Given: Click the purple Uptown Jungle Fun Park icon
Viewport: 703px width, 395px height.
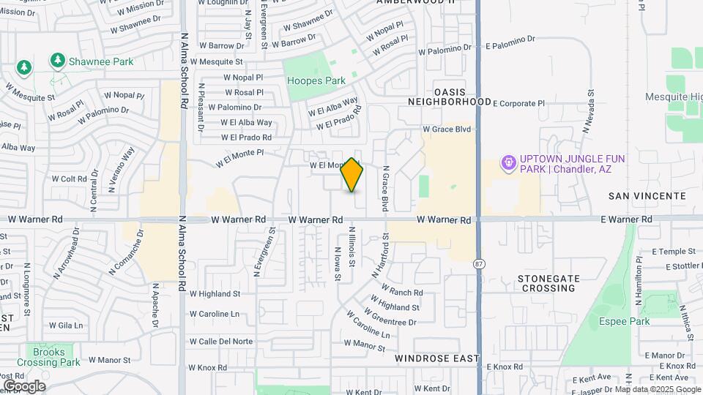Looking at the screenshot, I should (x=508, y=163).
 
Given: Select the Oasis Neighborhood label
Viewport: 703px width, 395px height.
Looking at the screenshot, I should (x=450, y=97).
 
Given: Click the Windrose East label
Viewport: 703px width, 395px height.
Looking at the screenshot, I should (x=436, y=359).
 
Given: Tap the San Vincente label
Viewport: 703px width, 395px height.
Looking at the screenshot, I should (x=647, y=196).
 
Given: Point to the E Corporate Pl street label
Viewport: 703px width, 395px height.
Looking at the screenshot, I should (x=519, y=104).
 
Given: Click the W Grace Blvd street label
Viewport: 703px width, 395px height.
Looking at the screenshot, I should (x=446, y=129).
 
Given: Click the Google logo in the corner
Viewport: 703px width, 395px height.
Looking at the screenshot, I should (x=24, y=386).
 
